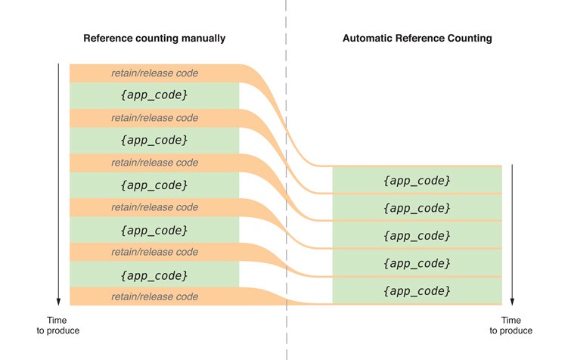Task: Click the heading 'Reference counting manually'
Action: pos(154,38)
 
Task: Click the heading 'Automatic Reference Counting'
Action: pos(417,38)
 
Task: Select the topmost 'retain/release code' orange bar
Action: pos(154,73)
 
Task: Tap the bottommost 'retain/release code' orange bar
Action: pos(154,296)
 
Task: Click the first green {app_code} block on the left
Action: pos(154,96)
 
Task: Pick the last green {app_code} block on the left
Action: pos(154,275)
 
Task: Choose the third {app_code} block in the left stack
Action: pos(154,185)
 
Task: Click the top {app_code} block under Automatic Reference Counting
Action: pos(417,180)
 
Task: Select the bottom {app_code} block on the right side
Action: pos(417,291)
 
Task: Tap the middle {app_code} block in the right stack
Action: pos(417,235)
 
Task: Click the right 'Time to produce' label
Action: pos(511,325)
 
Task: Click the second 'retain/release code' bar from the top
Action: pos(154,118)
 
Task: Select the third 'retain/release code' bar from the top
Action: pos(154,163)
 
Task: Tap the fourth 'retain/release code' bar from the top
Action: pos(154,207)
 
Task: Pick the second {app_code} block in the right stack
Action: pos(417,208)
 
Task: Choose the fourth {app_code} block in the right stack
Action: pos(417,263)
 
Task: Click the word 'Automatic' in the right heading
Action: pos(366,38)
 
